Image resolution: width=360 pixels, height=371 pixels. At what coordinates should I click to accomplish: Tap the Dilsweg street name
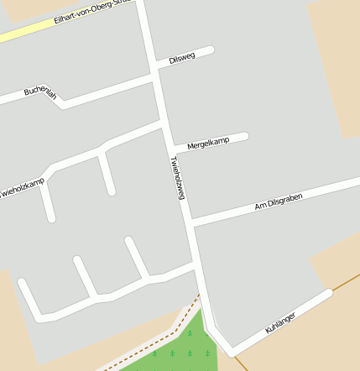click(181, 58)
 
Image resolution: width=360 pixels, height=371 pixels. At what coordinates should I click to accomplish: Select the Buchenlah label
click(39, 92)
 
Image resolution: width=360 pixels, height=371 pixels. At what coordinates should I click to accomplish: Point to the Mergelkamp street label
click(207, 143)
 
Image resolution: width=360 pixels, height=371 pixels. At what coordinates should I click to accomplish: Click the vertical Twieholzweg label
click(176, 177)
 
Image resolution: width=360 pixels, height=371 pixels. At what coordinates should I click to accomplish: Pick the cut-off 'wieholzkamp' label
click(22, 188)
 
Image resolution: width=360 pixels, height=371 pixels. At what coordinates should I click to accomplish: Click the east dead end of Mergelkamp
click(245, 136)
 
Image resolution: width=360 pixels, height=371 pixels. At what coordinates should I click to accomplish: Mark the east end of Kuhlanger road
click(329, 293)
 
